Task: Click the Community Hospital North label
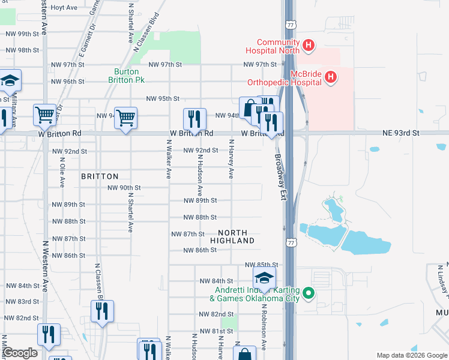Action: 277,46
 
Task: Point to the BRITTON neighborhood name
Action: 100,176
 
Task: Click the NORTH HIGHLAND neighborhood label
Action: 236,236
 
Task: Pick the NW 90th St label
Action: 124,188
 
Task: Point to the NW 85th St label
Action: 262,265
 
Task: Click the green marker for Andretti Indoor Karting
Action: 309,293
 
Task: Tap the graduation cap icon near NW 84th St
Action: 263,278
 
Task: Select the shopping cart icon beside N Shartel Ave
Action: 125,117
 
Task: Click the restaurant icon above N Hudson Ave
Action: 194,118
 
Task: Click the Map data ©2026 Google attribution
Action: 411,355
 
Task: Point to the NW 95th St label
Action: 163,99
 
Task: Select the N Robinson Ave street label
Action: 264,325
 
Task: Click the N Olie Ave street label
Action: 62,170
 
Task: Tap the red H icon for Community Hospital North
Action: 308,44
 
